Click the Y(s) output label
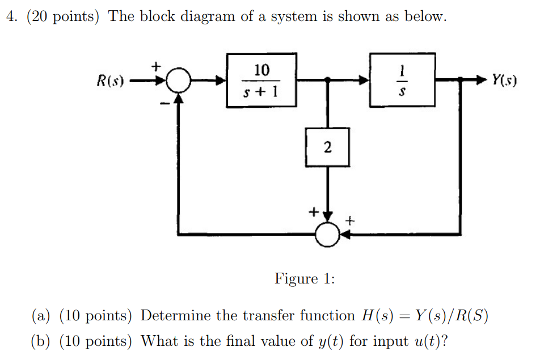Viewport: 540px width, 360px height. point(504,81)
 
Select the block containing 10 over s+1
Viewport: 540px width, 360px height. point(261,80)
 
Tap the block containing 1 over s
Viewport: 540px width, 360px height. point(402,80)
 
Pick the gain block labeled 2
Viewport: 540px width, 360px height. point(327,146)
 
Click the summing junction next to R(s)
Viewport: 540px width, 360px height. point(180,81)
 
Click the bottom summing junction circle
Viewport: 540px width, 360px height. point(327,233)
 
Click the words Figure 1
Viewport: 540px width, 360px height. point(305,278)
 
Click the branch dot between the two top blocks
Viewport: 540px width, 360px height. point(327,81)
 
